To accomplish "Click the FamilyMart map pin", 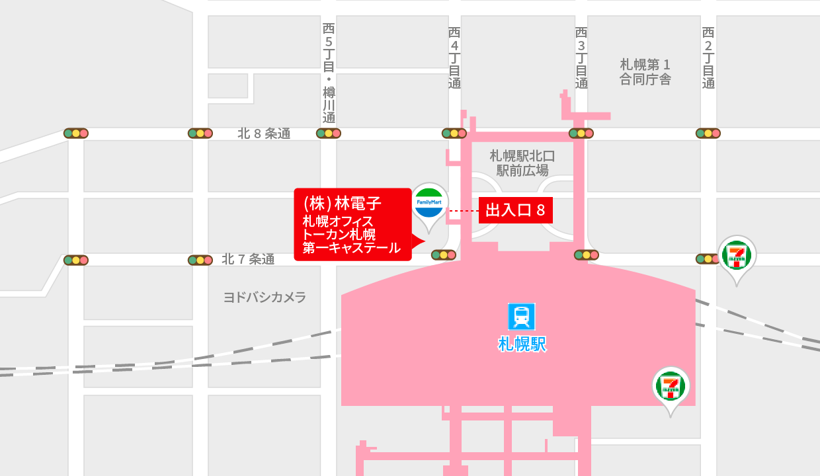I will (x=430, y=204).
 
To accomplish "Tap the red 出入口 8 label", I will (x=515, y=211).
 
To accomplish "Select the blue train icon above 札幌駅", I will (x=521, y=317).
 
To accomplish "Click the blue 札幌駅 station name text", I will (x=522, y=344).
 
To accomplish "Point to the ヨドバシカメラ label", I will (x=265, y=297).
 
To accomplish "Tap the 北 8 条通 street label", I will (x=264, y=134).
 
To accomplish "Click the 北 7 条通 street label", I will (x=248, y=259).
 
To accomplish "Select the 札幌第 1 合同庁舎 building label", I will (x=645, y=72).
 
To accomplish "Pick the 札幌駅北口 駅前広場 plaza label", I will (x=522, y=163).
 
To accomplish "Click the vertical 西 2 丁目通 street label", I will (x=708, y=58).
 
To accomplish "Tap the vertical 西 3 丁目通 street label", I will (x=581, y=58).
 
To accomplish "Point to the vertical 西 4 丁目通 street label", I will (x=454, y=58).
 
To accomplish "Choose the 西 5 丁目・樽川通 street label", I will (x=329, y=73).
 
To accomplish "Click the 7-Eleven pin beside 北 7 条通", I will (x=737, y=255).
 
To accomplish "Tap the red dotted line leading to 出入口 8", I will (x=463, y=211).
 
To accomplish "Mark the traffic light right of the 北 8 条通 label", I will (x=329, y=134).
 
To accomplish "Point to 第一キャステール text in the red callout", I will (x=351, y=249).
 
